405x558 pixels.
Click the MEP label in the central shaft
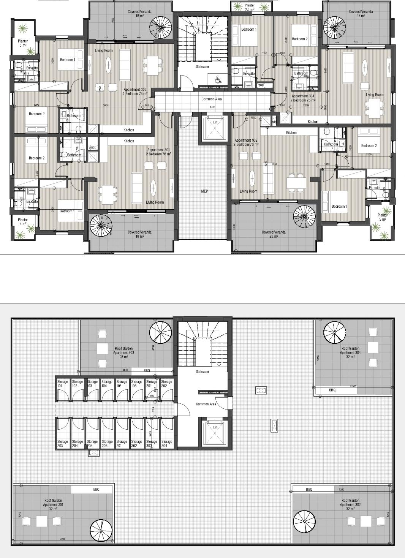coord(204,191)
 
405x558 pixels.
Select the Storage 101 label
coord(62,384)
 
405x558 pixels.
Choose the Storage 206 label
coord(107,444)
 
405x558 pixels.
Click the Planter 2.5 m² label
coord(250,7)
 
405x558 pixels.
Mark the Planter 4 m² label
coord(23,222)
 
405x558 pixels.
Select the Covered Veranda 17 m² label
coord(361,14)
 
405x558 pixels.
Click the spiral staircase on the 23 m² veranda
coord(304,217)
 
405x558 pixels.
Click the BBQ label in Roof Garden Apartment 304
coord(332,390)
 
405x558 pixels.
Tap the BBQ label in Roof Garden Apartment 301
coord(96,490)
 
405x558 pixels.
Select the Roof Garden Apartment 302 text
coord(350,504)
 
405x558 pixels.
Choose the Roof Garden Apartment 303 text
coord(123,353)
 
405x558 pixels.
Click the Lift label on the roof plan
coord(215,427)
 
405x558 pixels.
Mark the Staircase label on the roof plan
coord(202,371)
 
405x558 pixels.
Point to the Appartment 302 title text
coord(246,142)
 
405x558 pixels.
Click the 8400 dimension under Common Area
coord(212,107)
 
